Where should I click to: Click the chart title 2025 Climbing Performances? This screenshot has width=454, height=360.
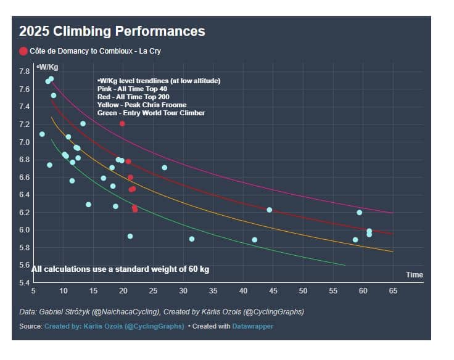112,31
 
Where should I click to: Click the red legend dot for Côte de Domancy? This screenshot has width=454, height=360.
23,51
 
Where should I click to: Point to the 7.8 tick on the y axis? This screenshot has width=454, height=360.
24,72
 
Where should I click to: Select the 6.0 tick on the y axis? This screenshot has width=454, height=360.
24,230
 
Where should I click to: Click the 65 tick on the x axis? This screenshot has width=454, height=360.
393,290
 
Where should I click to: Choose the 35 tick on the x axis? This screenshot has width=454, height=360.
213,290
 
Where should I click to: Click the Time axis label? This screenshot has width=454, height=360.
414,274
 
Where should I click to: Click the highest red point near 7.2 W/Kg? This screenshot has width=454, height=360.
122,124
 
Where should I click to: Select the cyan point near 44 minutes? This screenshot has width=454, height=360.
269,210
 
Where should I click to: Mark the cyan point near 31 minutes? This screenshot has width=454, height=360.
192,239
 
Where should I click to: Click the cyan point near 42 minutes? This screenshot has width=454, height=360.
255,240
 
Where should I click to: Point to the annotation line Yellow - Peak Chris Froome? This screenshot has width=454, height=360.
142,105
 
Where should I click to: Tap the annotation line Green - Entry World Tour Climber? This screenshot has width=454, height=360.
151,113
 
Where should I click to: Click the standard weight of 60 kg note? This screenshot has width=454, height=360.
120,269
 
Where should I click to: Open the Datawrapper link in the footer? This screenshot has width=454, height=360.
252,326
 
